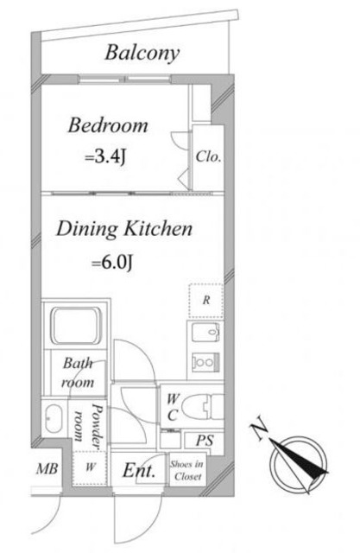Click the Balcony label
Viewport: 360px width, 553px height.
coord(142,54)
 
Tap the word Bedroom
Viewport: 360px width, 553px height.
coord(108,125)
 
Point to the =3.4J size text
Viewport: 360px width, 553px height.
coord(105,157)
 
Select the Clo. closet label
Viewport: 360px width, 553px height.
coord(209,156)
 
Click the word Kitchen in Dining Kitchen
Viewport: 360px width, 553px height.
coord(158,228)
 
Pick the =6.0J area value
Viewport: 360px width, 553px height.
coord(113,262)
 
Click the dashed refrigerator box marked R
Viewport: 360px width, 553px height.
coord(206,300)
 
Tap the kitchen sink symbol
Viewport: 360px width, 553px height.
coord(205,332)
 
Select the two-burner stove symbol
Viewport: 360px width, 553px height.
coord(205,362)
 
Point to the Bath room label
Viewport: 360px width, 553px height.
coord(79,372)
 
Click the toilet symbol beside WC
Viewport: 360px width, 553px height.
coord(204,407)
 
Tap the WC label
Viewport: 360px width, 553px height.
coord(173,407)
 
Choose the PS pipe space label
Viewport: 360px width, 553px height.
coord(205,440)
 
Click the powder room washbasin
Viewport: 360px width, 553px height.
coord(54,418)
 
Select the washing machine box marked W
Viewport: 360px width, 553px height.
coord(90,467)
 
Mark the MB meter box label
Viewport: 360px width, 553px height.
coord(47,468)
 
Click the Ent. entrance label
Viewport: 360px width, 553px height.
coord(139,470)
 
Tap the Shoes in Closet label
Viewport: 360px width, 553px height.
coord(187,470)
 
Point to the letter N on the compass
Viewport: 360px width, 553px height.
coord(260,428)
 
